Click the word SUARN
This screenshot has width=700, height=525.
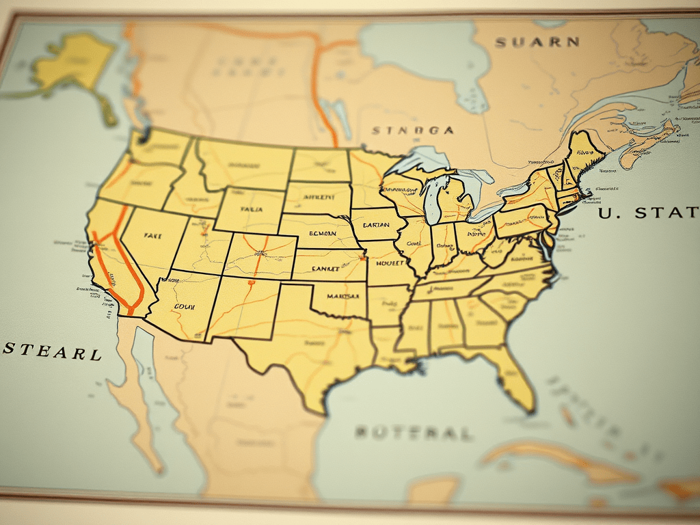(x=537, y=42)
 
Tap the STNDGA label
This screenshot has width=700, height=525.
(x=412, y=130)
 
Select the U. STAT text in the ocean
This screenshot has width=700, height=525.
(x=649, y=213)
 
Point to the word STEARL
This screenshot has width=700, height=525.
(x=53, y=353)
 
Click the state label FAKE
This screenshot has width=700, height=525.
(x=152, y=234)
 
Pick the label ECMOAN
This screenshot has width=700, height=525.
(x=323, y=234)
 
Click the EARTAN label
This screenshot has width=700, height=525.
(x=376, y=226)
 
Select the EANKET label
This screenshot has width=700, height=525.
(x=325, y=269)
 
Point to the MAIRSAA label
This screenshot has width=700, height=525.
(x=342, y=297)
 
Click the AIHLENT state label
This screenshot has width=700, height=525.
(x=318, y=196)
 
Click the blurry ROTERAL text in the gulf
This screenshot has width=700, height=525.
(x=413, y=433)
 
